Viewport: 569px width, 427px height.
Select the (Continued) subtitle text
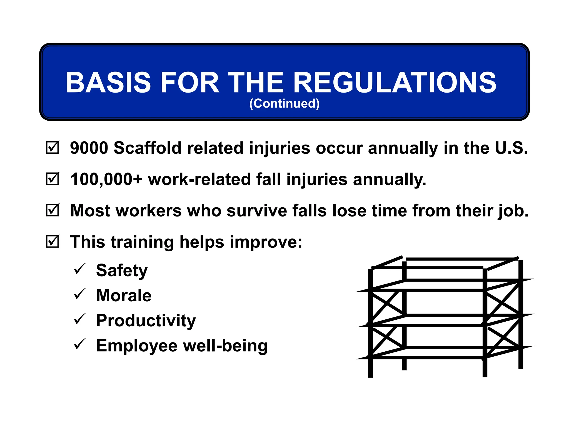[x=284, y=103]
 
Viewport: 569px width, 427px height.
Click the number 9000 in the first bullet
[x=89, y=148]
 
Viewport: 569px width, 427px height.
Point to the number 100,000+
[x=106, y=179]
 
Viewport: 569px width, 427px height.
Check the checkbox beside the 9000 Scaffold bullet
[x=52, y=148]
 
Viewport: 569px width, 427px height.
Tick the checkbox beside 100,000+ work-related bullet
[x=52, y=179]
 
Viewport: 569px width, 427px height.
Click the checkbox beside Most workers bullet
[x=52, y=210]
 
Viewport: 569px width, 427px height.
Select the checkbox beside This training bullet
[x=52, y=241]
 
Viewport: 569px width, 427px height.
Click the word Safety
[x=122, y=270]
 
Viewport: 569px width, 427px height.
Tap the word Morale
[x=124, y=295]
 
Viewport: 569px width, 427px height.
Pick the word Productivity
[x=146, y=321]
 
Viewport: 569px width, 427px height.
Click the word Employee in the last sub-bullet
[x=137, y=346]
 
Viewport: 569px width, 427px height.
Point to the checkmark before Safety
[x=79, y=269]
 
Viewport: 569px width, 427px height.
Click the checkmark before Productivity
[x=79, y=319]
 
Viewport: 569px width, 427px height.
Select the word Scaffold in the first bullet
[x=148, y=148]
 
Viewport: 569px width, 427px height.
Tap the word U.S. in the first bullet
[x=511, y=148]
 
